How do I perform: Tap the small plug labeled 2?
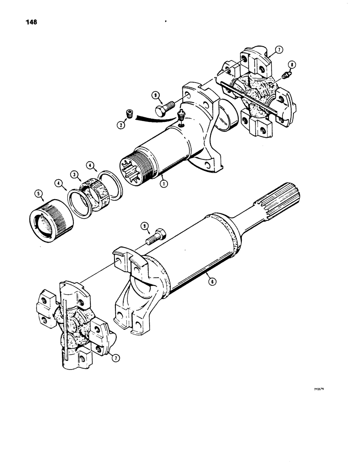(130, 114)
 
